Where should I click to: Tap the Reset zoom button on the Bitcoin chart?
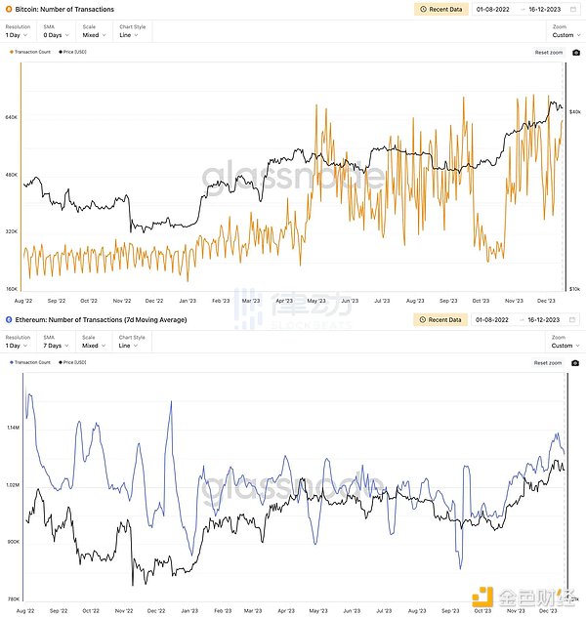tap(549, 52)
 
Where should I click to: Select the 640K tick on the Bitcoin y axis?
tap(13, 117)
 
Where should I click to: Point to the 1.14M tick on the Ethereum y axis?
tap(13, 428)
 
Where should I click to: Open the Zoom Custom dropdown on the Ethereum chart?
tap(562, 345)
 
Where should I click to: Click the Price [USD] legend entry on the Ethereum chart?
tap(73, 362)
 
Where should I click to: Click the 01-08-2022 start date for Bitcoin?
tap(491, 9)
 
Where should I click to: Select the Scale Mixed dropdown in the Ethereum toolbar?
tap(91, 345)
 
